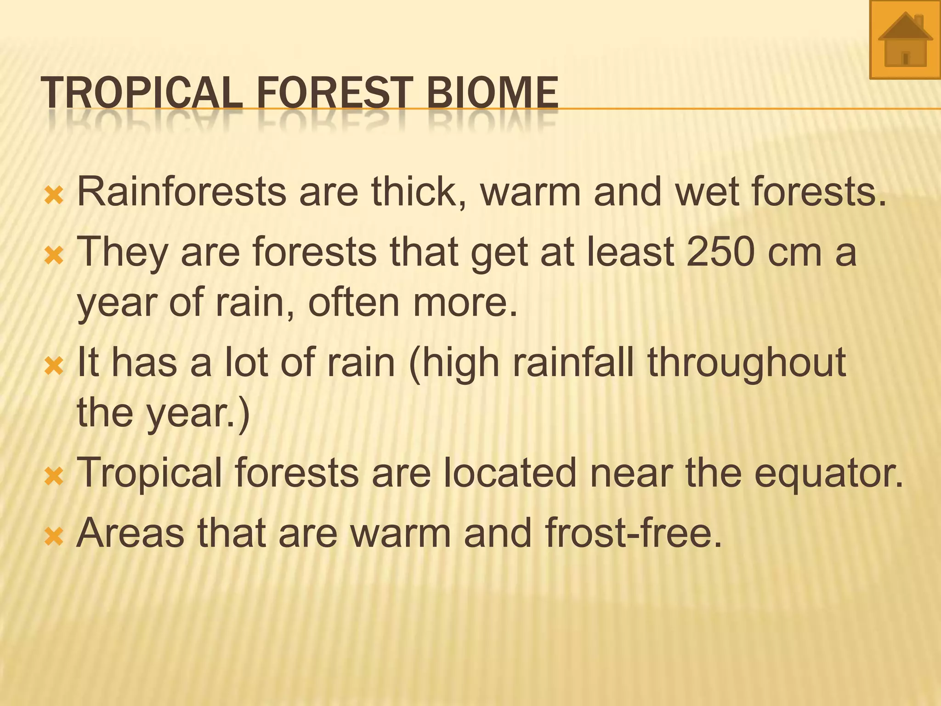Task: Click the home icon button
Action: (905, 40)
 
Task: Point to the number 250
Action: (720, 251)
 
